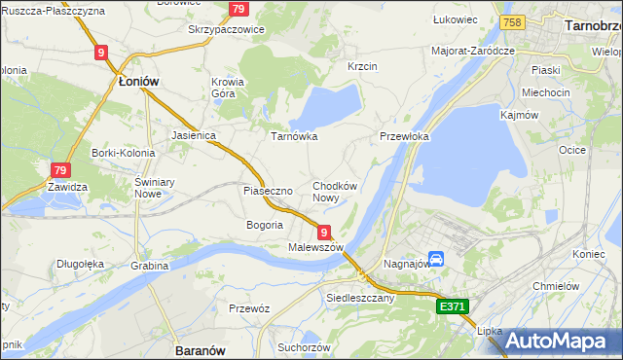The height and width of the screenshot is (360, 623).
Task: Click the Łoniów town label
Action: tap(137, 83)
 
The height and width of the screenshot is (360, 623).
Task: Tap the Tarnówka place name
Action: tap(294, 136)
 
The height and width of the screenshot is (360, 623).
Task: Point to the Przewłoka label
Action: tap(404, 137)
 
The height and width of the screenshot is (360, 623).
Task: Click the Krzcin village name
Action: tap(362, 66)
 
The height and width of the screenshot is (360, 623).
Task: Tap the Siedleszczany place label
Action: tap(360, 298)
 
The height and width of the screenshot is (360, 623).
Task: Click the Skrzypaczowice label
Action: tap(226, 29)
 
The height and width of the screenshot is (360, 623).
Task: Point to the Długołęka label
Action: tap(80, 263)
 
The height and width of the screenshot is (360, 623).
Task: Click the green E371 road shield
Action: tap(453, 306)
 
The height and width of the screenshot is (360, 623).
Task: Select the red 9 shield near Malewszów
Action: tap(323, 232)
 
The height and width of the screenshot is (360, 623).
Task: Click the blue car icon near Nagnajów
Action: tap(437, 259)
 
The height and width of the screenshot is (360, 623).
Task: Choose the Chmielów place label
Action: tap(557, 286)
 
